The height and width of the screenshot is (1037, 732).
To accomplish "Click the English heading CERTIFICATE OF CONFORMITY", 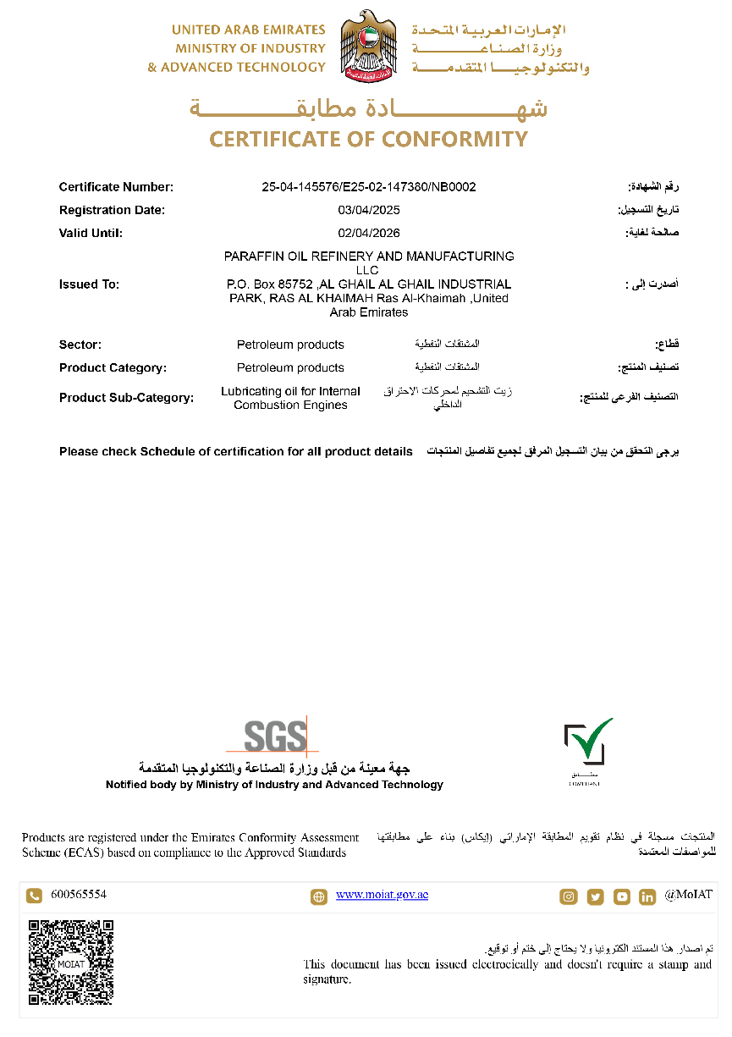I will pos(368,139).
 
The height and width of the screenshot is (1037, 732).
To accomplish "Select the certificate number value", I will pos(368,187).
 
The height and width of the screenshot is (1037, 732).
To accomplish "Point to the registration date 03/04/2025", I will pos(368,210).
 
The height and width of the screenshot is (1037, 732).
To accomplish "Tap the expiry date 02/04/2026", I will pos(368,233).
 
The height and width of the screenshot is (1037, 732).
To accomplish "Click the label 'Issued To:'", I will pos(89,284).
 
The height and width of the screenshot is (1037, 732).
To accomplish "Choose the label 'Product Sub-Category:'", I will pos(126,398).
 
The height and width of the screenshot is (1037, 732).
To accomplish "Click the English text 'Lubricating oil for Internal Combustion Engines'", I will pos(290,398).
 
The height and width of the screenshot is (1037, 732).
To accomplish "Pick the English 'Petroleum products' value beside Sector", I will pos(290,345).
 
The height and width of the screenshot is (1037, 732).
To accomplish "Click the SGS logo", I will pos(275,736).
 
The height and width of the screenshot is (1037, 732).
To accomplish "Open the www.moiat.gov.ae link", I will pos(382,895).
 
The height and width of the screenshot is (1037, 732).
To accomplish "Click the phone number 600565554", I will pos(79,895).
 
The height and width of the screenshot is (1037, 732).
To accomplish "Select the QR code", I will pos(71,963).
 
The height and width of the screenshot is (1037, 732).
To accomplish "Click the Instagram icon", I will pos(569,896).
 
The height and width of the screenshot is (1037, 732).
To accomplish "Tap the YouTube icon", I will pos(622,896).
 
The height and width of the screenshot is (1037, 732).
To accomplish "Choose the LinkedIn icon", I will pos(647,896).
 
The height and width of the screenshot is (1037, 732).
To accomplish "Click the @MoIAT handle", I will pos(688,895).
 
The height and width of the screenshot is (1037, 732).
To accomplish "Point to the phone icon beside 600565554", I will pos(34,896).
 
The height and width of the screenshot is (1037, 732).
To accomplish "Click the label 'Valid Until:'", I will pos(91,233).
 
